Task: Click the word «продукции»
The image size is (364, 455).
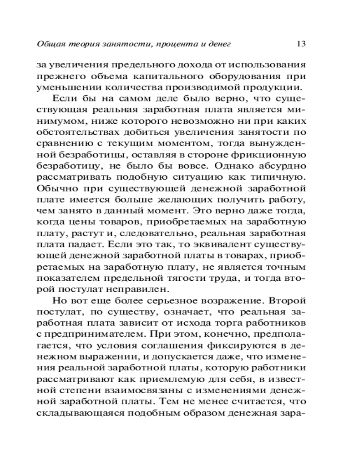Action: [272, 87]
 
